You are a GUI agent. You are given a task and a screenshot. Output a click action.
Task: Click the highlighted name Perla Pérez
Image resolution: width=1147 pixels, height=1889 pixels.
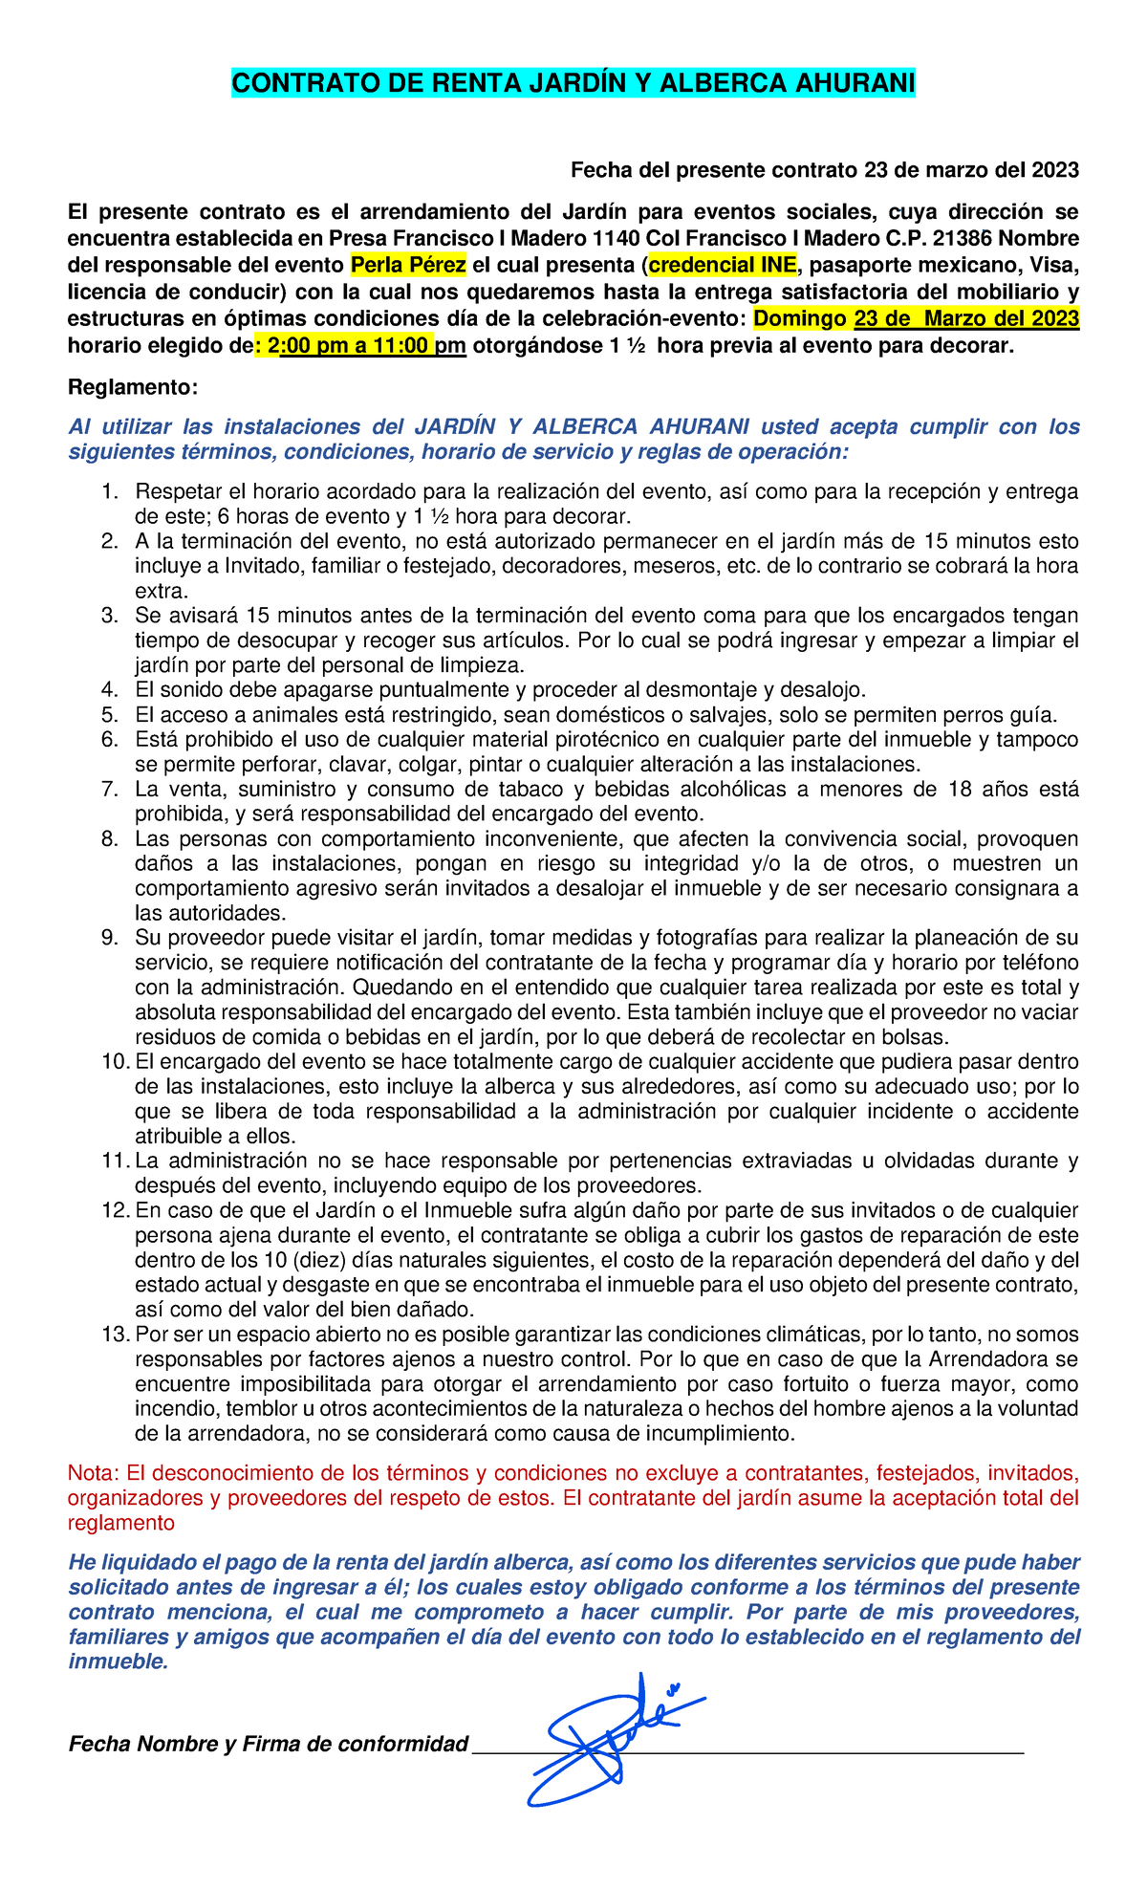(x=408, y=265)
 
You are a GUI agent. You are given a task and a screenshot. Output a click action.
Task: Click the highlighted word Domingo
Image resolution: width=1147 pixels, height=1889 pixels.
(x=800, y=318)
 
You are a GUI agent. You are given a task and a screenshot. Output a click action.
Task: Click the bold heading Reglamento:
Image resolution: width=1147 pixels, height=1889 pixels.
(x=133, y=387)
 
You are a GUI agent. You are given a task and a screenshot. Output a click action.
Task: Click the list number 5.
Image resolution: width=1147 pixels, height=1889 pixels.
(x=109, y=715)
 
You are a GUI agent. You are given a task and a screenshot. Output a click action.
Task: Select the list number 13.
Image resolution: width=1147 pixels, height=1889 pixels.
(x=114, y=1335)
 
